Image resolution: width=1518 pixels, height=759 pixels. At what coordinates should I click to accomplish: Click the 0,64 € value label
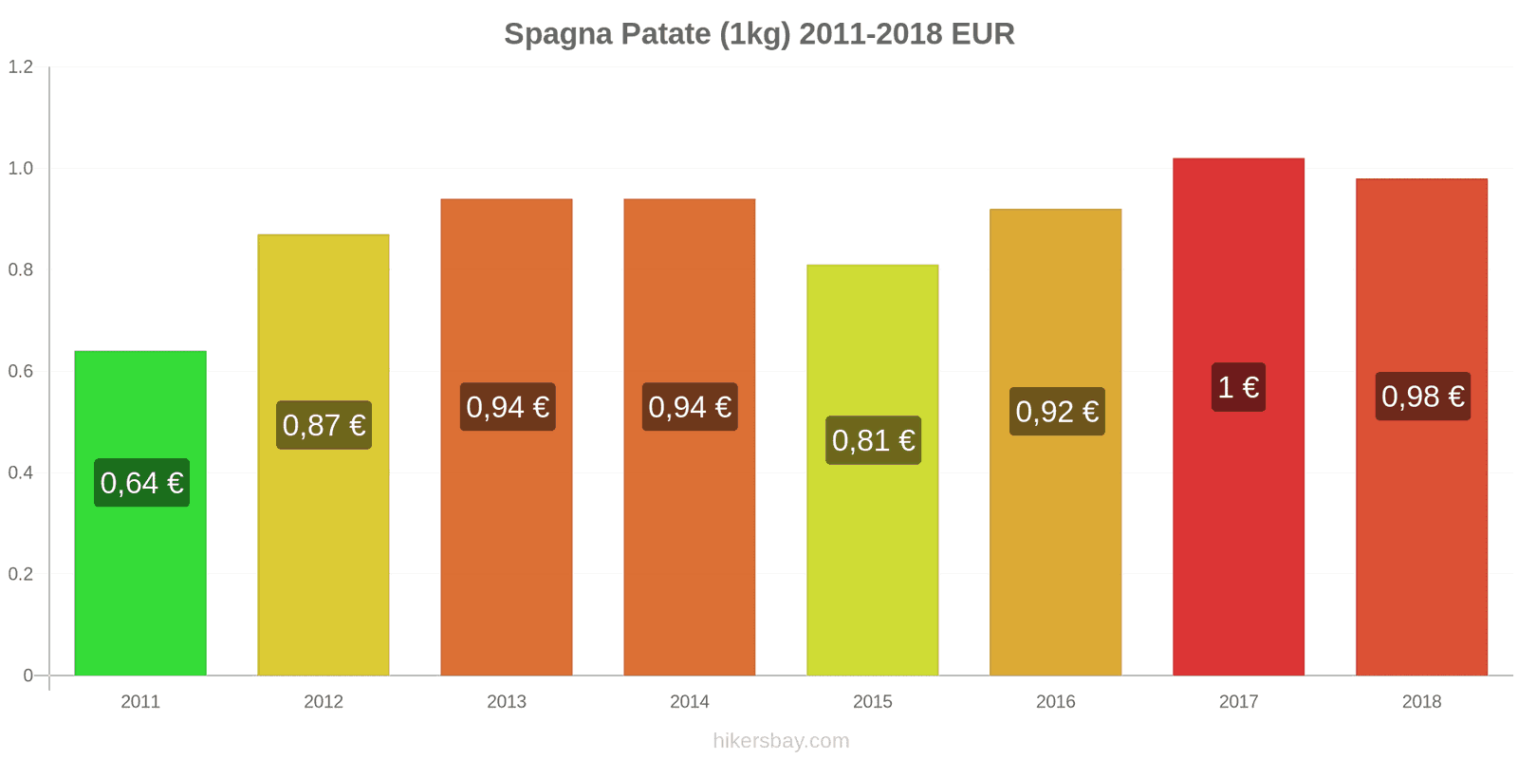tap(141, 483)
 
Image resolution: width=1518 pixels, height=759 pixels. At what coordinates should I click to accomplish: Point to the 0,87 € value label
tap(324, 425)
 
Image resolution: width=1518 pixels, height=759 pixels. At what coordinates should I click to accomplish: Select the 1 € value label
tap(1238, 387)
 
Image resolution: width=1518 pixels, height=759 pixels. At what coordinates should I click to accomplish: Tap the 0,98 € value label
tap(1422, 396)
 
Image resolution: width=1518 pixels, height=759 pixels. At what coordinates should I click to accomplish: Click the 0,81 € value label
tap(873, 440)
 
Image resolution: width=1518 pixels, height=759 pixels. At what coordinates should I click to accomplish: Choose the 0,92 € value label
tap(1057, 412)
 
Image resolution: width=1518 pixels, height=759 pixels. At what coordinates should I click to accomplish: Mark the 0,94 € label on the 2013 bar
tap(508, 407)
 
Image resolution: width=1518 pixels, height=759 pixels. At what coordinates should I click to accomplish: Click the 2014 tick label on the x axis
tap(690, 702)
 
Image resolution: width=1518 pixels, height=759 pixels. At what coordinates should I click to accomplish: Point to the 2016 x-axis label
tap(1056, 702)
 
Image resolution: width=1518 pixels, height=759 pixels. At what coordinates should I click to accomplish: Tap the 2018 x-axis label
tap(1421, 702)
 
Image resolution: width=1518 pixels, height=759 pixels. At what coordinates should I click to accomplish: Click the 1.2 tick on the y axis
tap(21, 67)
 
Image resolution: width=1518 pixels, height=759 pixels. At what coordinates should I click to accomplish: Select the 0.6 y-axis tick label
tap(21, 372)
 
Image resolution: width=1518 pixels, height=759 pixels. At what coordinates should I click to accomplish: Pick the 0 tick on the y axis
tap(28, 676)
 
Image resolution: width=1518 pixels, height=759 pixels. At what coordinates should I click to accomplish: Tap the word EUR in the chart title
tap(983, 34)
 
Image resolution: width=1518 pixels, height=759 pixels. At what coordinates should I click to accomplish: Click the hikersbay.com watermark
tap(781, 741)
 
